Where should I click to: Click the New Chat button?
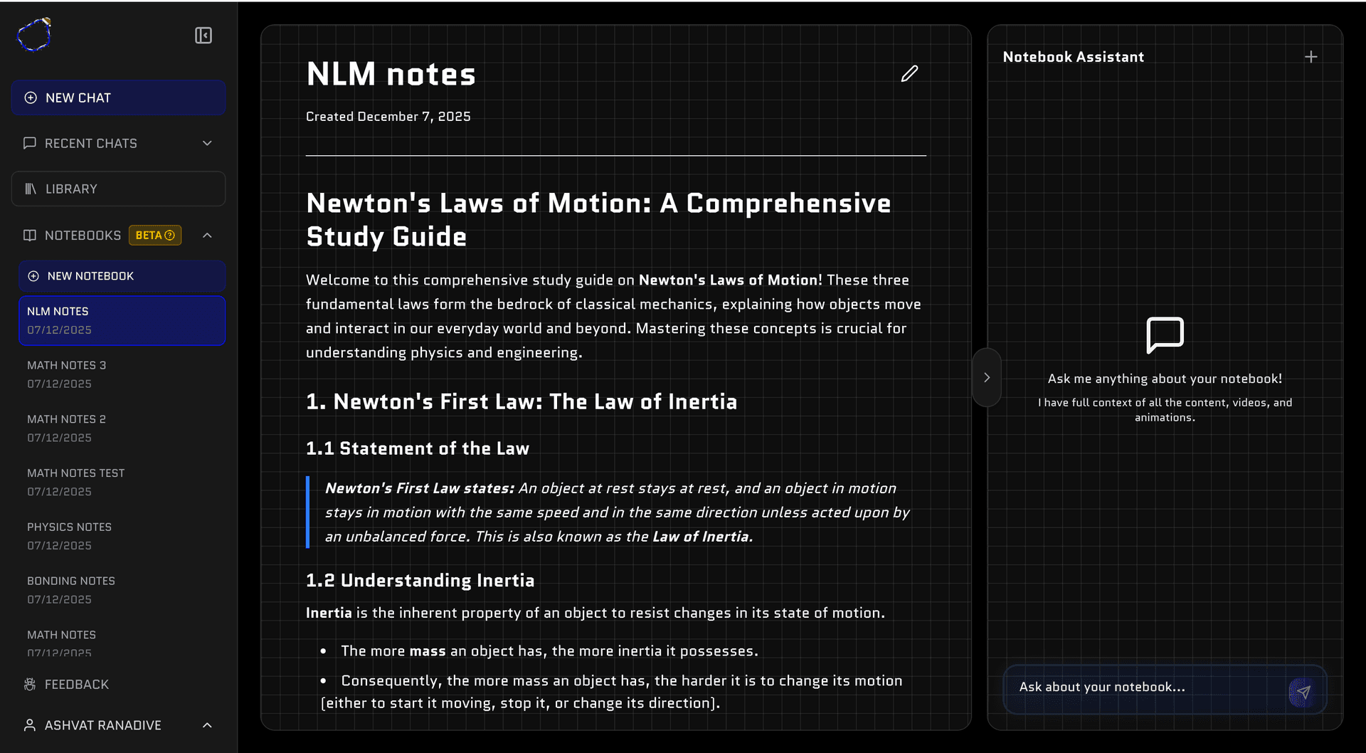pyautogui.click(x=118, y=98)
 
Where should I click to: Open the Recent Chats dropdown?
pyautogui.click(x=118, y=144)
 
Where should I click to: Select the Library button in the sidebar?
pyautogui.click(x=118, y=189)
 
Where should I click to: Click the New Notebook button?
pyautogui.click(x=122, y=276)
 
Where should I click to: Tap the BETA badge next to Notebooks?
pyautogui.click(x=155, y=236)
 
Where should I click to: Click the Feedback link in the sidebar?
pyautogui.click(x=76, y=685)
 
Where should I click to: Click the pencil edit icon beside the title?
pyautogui.click(x=909, y=74)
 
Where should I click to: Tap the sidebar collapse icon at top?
pyautogui.click(x=203, y=36)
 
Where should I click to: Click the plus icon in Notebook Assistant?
pyautogui.click(x=1311, y=57)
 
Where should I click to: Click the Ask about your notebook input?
pyautogui.click(x=1145, y=688)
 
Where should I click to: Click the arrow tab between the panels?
pyautogui.click(x=987, y=378)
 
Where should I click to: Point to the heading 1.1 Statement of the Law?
pyautogui.click(x=418, y=449)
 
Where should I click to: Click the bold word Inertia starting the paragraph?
pyautogui.click(x=329, y=614)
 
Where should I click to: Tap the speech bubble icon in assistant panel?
pyautogui.click(x=1165, y=335)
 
